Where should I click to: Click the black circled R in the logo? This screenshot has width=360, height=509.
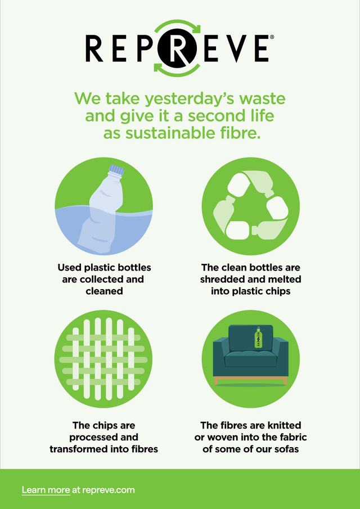click(x=177, y=48)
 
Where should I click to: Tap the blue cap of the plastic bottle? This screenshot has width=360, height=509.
click(x=116, y=170)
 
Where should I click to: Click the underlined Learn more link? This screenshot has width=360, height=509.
click(x=46, y=490)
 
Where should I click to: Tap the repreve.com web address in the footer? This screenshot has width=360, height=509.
click(x=109, y=490)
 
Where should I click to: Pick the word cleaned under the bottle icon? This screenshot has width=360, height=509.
click(x=104, y=291)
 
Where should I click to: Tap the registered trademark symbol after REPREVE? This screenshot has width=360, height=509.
click(x=272, y=37)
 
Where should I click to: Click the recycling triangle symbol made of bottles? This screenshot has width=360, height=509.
click(x=251, y=205)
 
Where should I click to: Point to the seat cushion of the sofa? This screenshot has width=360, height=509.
click(x=250, y=360)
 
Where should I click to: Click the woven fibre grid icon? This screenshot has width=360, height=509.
click(x=103, y=358)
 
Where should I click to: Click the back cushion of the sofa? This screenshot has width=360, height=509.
click(x=250, y=338)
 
